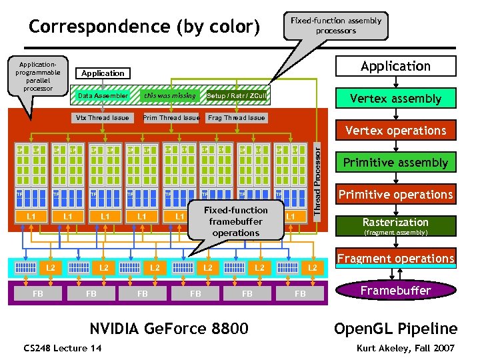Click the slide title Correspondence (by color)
click(144, 27)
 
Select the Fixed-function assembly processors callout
click(336, 25)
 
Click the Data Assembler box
click(103, 96)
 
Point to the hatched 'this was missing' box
click(170, 96)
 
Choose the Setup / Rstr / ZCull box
click(237, 96)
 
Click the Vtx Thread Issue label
click(103, 118)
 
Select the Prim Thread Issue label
click(171, 118)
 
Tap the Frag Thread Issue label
click(236, 118)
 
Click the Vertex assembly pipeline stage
click(396, 99)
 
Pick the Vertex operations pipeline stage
click(396, 131)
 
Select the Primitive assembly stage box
click(396, 163)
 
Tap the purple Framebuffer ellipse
click(396, 291)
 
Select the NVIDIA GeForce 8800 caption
click(169, 329)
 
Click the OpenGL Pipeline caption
click(396, 329)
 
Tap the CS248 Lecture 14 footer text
click(63, 348)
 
